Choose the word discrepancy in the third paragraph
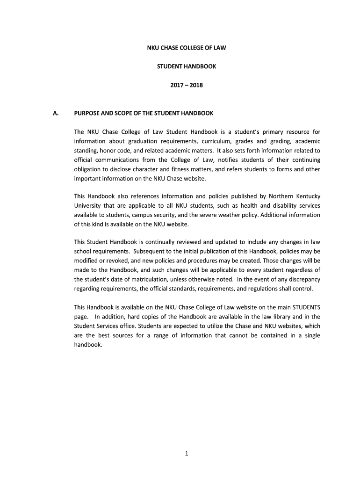pyautogui.click(x=303, y=279)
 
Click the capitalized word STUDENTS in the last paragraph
pyautogui.click(x=306, y=307)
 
